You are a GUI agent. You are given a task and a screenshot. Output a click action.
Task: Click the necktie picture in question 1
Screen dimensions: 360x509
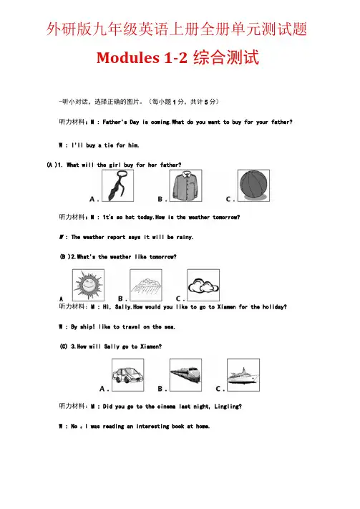pos(118,185)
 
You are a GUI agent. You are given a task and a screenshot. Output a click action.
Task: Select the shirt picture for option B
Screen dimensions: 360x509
pos(185,185)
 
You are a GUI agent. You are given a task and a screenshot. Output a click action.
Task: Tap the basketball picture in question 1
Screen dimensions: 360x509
pos(253,185)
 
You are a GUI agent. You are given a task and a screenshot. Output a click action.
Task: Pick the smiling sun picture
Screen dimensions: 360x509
pos(88,285)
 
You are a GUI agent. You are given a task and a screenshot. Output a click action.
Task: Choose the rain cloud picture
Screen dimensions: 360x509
pos(146,285)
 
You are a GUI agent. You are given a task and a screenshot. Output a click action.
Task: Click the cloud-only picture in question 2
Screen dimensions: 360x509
pos(203,285)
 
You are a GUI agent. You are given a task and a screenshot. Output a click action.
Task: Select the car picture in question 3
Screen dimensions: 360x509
pos(127,375)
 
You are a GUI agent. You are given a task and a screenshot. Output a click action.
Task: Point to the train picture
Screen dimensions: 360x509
pos(185,375)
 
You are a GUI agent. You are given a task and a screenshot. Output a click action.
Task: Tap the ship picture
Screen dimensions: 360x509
pos(243,375)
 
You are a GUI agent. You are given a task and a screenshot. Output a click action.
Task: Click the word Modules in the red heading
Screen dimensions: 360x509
pos(128,58)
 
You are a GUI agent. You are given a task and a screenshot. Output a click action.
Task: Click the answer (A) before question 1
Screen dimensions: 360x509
pos(52,165)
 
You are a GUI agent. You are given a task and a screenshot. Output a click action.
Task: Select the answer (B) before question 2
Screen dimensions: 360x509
pos(64,256)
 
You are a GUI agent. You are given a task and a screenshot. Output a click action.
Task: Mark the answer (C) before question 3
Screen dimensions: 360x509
pos(64,346)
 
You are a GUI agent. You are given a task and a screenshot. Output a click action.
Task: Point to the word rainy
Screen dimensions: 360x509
pos(185,237)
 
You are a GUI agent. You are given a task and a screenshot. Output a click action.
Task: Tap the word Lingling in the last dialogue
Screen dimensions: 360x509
pos(228,407)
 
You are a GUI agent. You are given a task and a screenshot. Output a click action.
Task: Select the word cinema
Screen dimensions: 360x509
pos(167,407)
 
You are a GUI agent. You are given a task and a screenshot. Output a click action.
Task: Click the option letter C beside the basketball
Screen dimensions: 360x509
pos(229,199)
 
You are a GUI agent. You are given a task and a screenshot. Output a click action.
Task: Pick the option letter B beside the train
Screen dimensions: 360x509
pos(160,389)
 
